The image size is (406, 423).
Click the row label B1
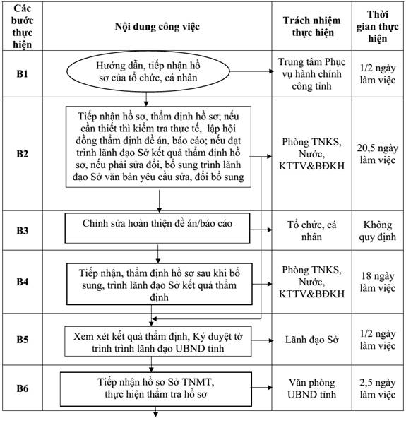pos(22,73)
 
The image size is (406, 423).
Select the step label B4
pos(22,282)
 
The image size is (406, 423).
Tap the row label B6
pos(22,388)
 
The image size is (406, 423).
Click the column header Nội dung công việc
pos(157,26)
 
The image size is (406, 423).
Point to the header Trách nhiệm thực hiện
pos(311,26)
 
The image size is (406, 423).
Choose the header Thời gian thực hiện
pos(378,26)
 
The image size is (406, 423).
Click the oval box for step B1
pos(148,71)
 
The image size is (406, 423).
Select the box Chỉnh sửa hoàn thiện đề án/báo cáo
pos(157,228)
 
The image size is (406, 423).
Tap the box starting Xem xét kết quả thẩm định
pos(158,341)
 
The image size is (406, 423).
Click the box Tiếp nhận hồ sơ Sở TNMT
pos(156,389)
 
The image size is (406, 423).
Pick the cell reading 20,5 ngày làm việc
pos(378,154)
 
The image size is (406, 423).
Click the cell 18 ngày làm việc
pos(378,282)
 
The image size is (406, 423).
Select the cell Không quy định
pos(378,231)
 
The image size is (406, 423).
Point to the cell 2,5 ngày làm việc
pos(378,388)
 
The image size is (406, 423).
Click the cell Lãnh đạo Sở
pos(311,340)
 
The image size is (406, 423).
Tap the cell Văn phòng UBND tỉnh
pos(311,388)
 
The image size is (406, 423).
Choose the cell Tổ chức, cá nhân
pos(311,231)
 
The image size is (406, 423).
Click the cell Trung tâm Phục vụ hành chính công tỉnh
pos(311,74)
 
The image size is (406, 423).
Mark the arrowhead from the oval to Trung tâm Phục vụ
pos(271,71)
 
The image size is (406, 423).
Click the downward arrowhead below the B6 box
pos(155,415)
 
